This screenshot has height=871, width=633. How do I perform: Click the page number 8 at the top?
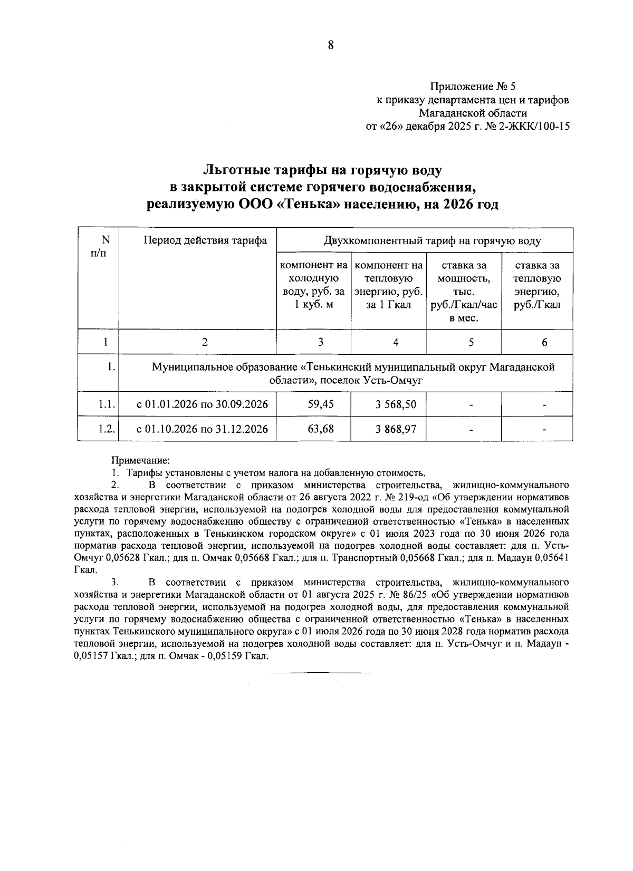(x=331, y=45)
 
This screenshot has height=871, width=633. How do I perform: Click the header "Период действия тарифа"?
(x=205, y=241)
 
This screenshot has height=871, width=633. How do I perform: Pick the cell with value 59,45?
(x=320, y=404)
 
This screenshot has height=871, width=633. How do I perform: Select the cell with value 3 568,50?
(x=396, y=404)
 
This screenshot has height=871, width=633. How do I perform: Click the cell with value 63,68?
(x=320, y=429)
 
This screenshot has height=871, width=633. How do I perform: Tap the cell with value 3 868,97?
(x=396, y=429)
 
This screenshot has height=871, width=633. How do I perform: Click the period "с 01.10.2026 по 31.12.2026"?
(x=203, y=429)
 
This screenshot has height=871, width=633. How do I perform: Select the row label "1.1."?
(x=106, y=404)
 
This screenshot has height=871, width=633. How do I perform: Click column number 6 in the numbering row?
(x=544, y=342)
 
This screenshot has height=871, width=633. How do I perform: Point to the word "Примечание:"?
(x=140, y=460)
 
